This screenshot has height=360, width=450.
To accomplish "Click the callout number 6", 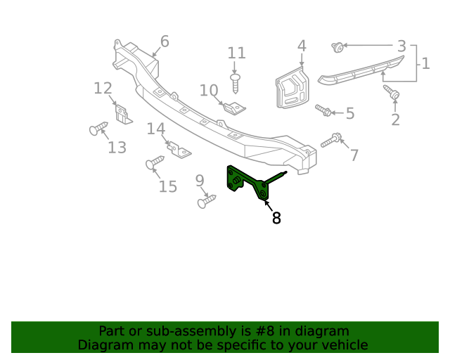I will (164, 41).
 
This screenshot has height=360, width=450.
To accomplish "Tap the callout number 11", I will (237, 53).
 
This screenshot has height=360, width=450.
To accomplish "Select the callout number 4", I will (302, 46).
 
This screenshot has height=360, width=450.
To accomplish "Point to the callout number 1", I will (425, 64).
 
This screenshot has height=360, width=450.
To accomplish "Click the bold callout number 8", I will (276, 218).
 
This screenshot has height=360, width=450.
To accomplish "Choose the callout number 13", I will (117, 147).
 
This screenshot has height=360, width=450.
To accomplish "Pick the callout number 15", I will (167, 186).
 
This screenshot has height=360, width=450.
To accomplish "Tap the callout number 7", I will (354, 155).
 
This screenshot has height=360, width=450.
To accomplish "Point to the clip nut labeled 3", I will (338, 48).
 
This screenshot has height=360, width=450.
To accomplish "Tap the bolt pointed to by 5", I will (323, 110).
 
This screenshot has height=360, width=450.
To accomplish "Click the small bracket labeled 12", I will (124, 114).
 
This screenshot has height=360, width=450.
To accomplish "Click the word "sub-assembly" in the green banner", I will (187, 331).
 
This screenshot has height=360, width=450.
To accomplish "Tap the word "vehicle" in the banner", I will (342, 345).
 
